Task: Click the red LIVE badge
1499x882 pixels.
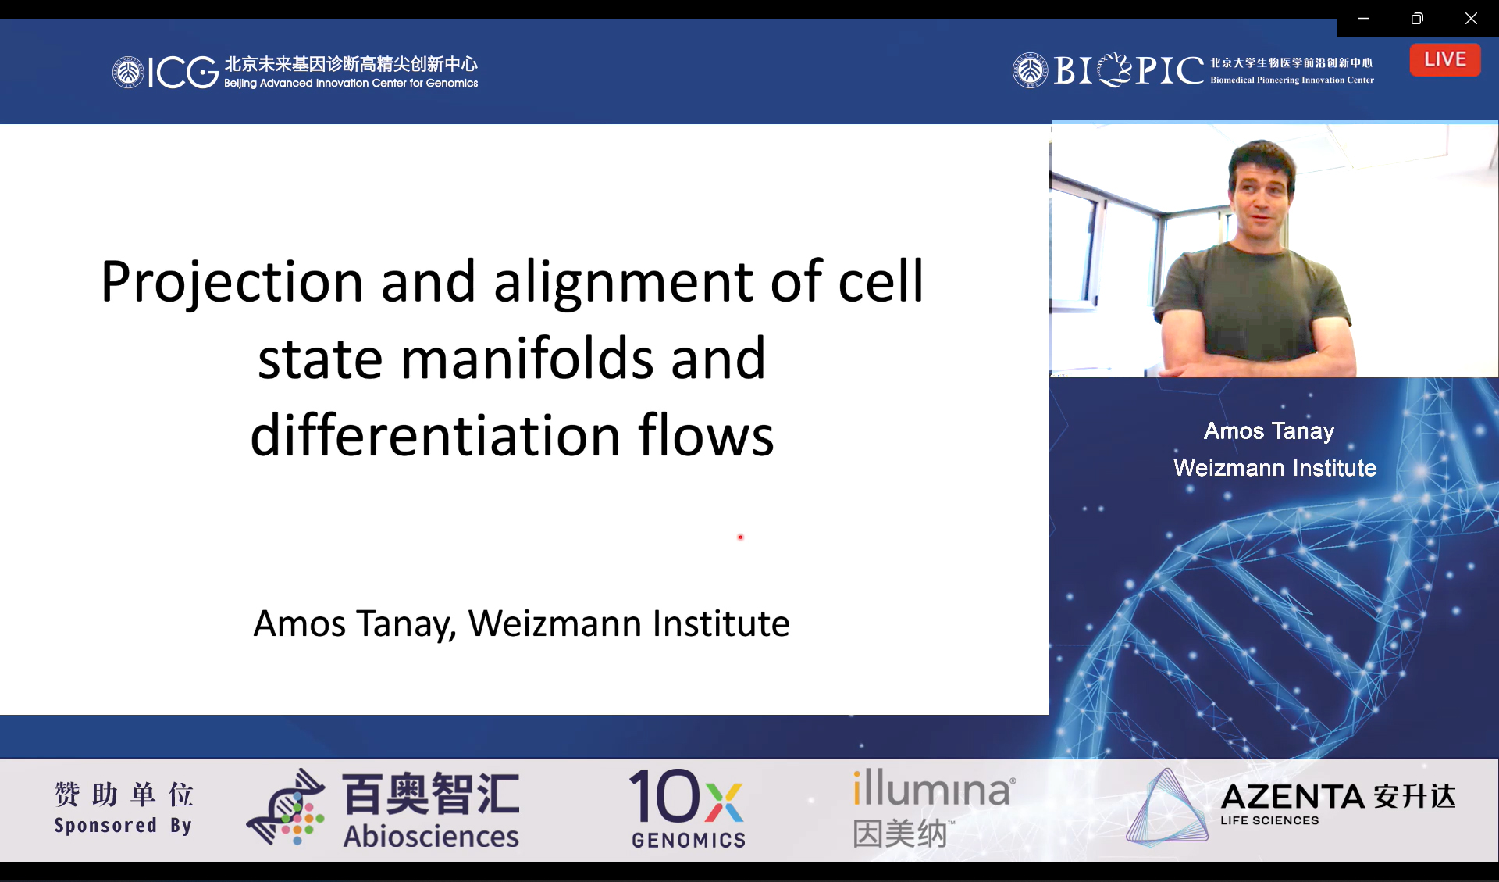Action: pos(1444,59)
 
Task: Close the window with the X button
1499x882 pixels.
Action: pos(1471,18)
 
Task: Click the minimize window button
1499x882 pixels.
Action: pos(1363,18)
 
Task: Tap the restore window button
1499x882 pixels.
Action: pos(1417,18)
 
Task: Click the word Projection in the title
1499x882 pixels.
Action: pos(232,282)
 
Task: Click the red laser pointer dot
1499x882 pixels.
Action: pos(740,537)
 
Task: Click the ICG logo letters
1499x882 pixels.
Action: pos(183,72)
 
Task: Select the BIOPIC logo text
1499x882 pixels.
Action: pos(1129,70)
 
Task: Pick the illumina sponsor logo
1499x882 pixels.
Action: pos(934,809)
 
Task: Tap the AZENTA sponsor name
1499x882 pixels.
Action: pos(1291,797)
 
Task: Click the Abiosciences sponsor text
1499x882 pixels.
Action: pos(431,837)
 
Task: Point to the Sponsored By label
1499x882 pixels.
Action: pos(123,826)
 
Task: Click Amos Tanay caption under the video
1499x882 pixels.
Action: pos(1269,430)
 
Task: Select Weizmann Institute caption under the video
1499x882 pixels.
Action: pos(1275,467)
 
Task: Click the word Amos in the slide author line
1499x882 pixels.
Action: pos(299,623)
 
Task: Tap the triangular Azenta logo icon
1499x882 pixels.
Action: pos(1167,807)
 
